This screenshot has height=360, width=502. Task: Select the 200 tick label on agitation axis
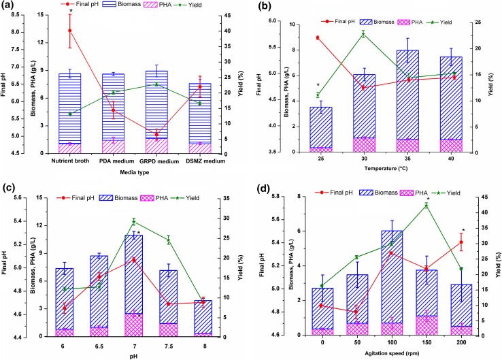tap(462, 345)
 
